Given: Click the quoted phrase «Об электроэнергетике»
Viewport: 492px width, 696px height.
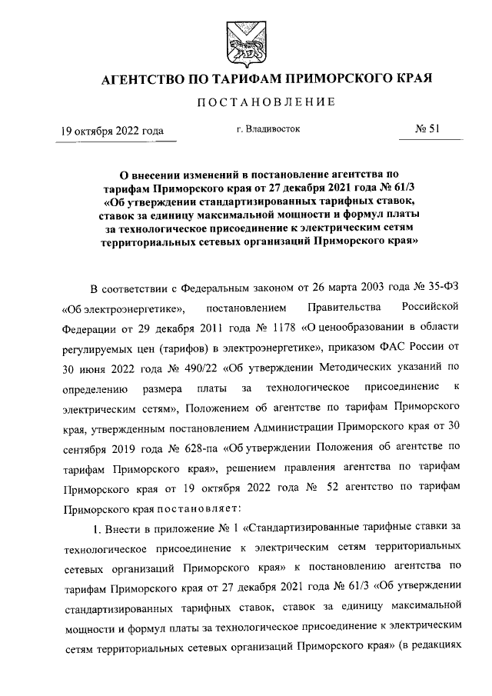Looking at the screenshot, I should coord(125,309).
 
